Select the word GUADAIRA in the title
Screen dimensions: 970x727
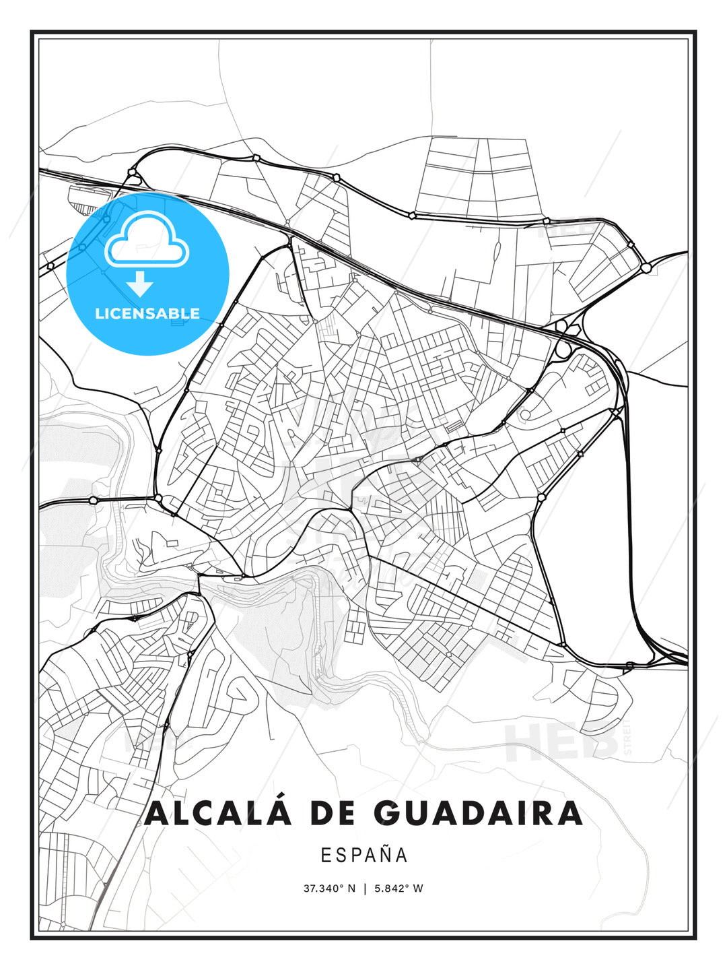pos(479,813)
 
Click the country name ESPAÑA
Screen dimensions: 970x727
pos(363,855)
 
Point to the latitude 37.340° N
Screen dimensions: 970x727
pos(329,888)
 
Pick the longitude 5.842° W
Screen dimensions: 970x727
pos(399,888)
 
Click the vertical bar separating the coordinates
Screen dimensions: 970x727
pos(364,888)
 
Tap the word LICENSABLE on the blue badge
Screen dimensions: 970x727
pos(147,313)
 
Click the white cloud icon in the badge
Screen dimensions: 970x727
pos(147,238)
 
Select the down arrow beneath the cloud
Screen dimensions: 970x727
pos(141,284)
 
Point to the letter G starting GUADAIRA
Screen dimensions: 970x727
pos(388,813)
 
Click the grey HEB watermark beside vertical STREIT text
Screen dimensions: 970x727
pos(562,741)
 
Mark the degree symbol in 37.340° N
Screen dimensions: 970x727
pos(342,886)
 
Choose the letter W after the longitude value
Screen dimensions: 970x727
pos(418,888)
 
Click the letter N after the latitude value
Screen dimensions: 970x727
pos(351,888)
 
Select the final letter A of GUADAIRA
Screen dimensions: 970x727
pos(569,813)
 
